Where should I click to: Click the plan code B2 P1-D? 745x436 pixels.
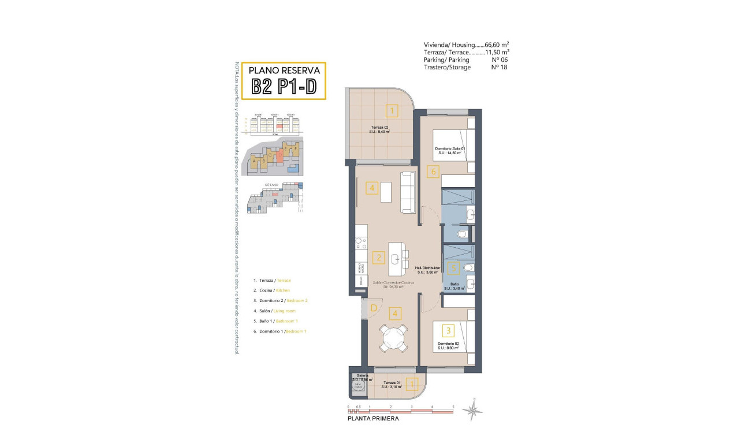point(283,87)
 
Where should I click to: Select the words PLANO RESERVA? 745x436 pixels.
point(284,70)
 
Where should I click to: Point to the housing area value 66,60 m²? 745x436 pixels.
point(497,44)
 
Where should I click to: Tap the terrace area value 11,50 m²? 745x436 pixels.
point(497,52)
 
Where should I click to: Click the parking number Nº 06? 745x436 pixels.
point(499,59)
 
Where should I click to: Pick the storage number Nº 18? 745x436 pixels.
point(499,67)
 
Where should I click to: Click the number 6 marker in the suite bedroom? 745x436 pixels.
point(433,172)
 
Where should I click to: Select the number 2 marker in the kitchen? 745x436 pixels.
point(378,258)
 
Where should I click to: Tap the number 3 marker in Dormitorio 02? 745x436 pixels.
point(448,331)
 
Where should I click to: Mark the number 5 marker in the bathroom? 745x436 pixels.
point(454,268)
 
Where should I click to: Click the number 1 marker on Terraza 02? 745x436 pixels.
point(392,110)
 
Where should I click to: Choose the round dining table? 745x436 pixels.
point(394,337)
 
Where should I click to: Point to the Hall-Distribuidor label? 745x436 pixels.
point(427,268)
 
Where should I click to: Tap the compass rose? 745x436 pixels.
point(474,411)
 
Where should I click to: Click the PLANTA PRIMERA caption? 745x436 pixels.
point(372,419)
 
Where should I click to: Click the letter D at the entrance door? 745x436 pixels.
point(374,308)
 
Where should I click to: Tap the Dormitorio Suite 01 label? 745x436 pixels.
point(450,148)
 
